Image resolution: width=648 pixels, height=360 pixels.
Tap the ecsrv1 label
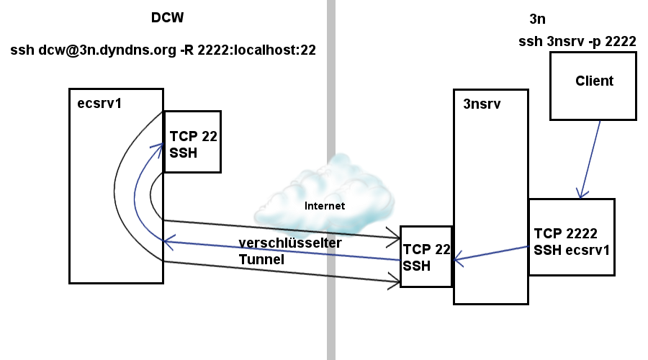click(99, 102)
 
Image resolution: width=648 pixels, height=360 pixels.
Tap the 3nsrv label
click(482, 104)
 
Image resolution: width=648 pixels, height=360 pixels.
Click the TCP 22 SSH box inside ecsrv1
click(192, 142)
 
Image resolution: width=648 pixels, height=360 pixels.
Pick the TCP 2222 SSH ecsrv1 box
click(571, 237)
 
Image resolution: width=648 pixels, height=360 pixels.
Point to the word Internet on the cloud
click(325, 206)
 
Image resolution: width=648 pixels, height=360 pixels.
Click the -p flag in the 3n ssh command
click(592, 42)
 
